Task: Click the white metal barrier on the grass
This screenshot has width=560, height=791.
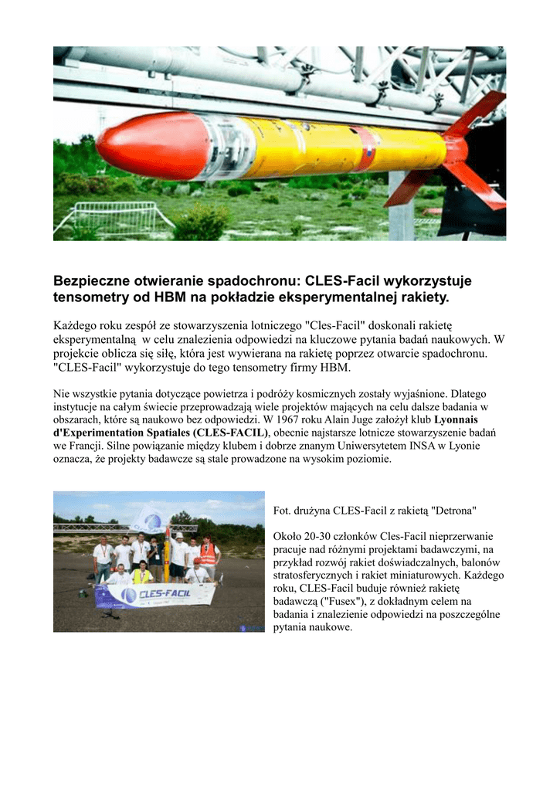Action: point(116,218)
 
